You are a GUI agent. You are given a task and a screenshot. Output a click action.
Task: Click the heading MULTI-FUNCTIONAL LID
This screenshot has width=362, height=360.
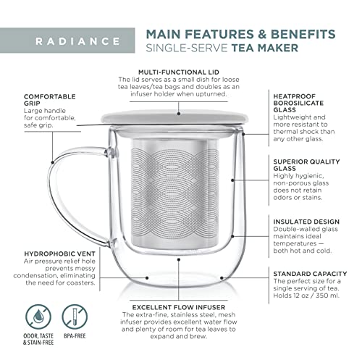pyautogui.click(x=180, y=72)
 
